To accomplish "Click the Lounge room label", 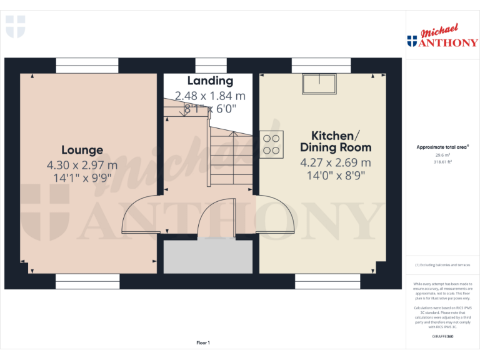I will [82, 150].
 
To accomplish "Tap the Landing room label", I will [210, 81].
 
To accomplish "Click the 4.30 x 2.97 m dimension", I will [82, 165].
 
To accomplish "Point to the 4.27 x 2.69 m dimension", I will [336, 162].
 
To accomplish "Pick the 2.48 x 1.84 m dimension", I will [210, 96].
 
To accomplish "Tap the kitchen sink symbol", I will [317, 81].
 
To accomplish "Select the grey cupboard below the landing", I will [207, 256].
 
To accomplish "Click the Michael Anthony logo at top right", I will [442, 37].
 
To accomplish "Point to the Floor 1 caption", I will [203, 342].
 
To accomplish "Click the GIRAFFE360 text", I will [442, 337].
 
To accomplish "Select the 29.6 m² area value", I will [442, 155].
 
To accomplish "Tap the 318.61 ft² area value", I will [442, 161].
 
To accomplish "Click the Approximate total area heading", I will [442, 147].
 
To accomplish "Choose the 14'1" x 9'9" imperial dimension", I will [82, 177].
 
